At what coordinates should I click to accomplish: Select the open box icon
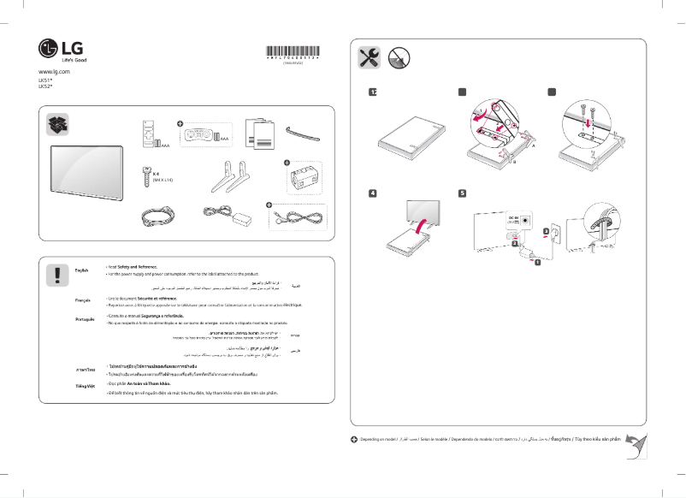click(x=58, y=124)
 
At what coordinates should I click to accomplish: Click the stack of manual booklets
click(x=259, y=133)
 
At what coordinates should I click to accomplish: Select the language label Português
click(x=85, y=317)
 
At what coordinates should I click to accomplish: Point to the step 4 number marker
click(x=372, y=193)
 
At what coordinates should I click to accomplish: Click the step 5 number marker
click(x=462, y=193)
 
